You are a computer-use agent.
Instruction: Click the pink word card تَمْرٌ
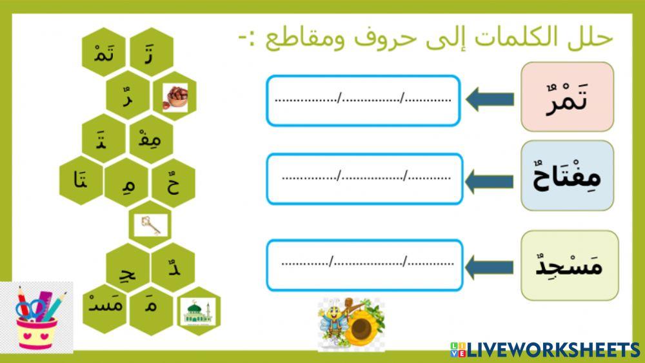click(x=567, y=97)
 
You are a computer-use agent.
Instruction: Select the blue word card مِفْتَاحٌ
click(x=567, y=175)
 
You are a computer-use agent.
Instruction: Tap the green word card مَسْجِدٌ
click(x=569, y=265)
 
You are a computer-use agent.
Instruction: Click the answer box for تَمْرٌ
click(x=363, y=101)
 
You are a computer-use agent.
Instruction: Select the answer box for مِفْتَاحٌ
click(x=364, y=179)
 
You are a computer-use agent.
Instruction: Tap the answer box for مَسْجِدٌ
click(x=364, y=264)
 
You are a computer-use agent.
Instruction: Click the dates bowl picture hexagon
click(x=175, y=96)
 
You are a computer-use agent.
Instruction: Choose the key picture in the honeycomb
click(x=152, y=225)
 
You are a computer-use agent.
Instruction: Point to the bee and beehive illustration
click(x=351, y=324)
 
